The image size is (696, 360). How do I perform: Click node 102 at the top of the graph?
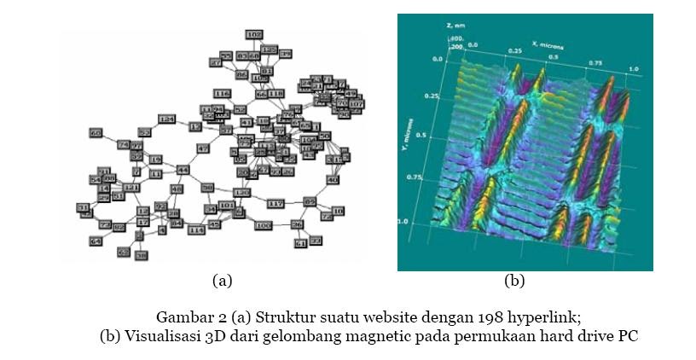[254, 34]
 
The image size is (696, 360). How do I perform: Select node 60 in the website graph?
[96, 133]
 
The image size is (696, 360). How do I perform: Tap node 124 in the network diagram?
[166, 119]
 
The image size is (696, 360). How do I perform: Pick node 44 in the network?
[182, 169]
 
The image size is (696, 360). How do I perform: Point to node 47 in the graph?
[203, 148]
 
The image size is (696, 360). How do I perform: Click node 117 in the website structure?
[275, 205]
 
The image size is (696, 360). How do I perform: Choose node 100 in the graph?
[263, 225]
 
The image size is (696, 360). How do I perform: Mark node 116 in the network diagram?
[223, 93]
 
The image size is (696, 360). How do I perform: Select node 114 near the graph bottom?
[196, 230]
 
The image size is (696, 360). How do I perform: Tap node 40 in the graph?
[333, 180]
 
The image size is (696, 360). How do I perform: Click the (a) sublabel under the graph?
[222, 280]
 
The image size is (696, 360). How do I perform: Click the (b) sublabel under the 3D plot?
[514, 280]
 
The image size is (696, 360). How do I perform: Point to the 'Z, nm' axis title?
[455, 26]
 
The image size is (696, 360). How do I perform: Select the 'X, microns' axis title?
[546, 41]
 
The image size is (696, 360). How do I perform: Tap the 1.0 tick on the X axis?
[633, 68]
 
